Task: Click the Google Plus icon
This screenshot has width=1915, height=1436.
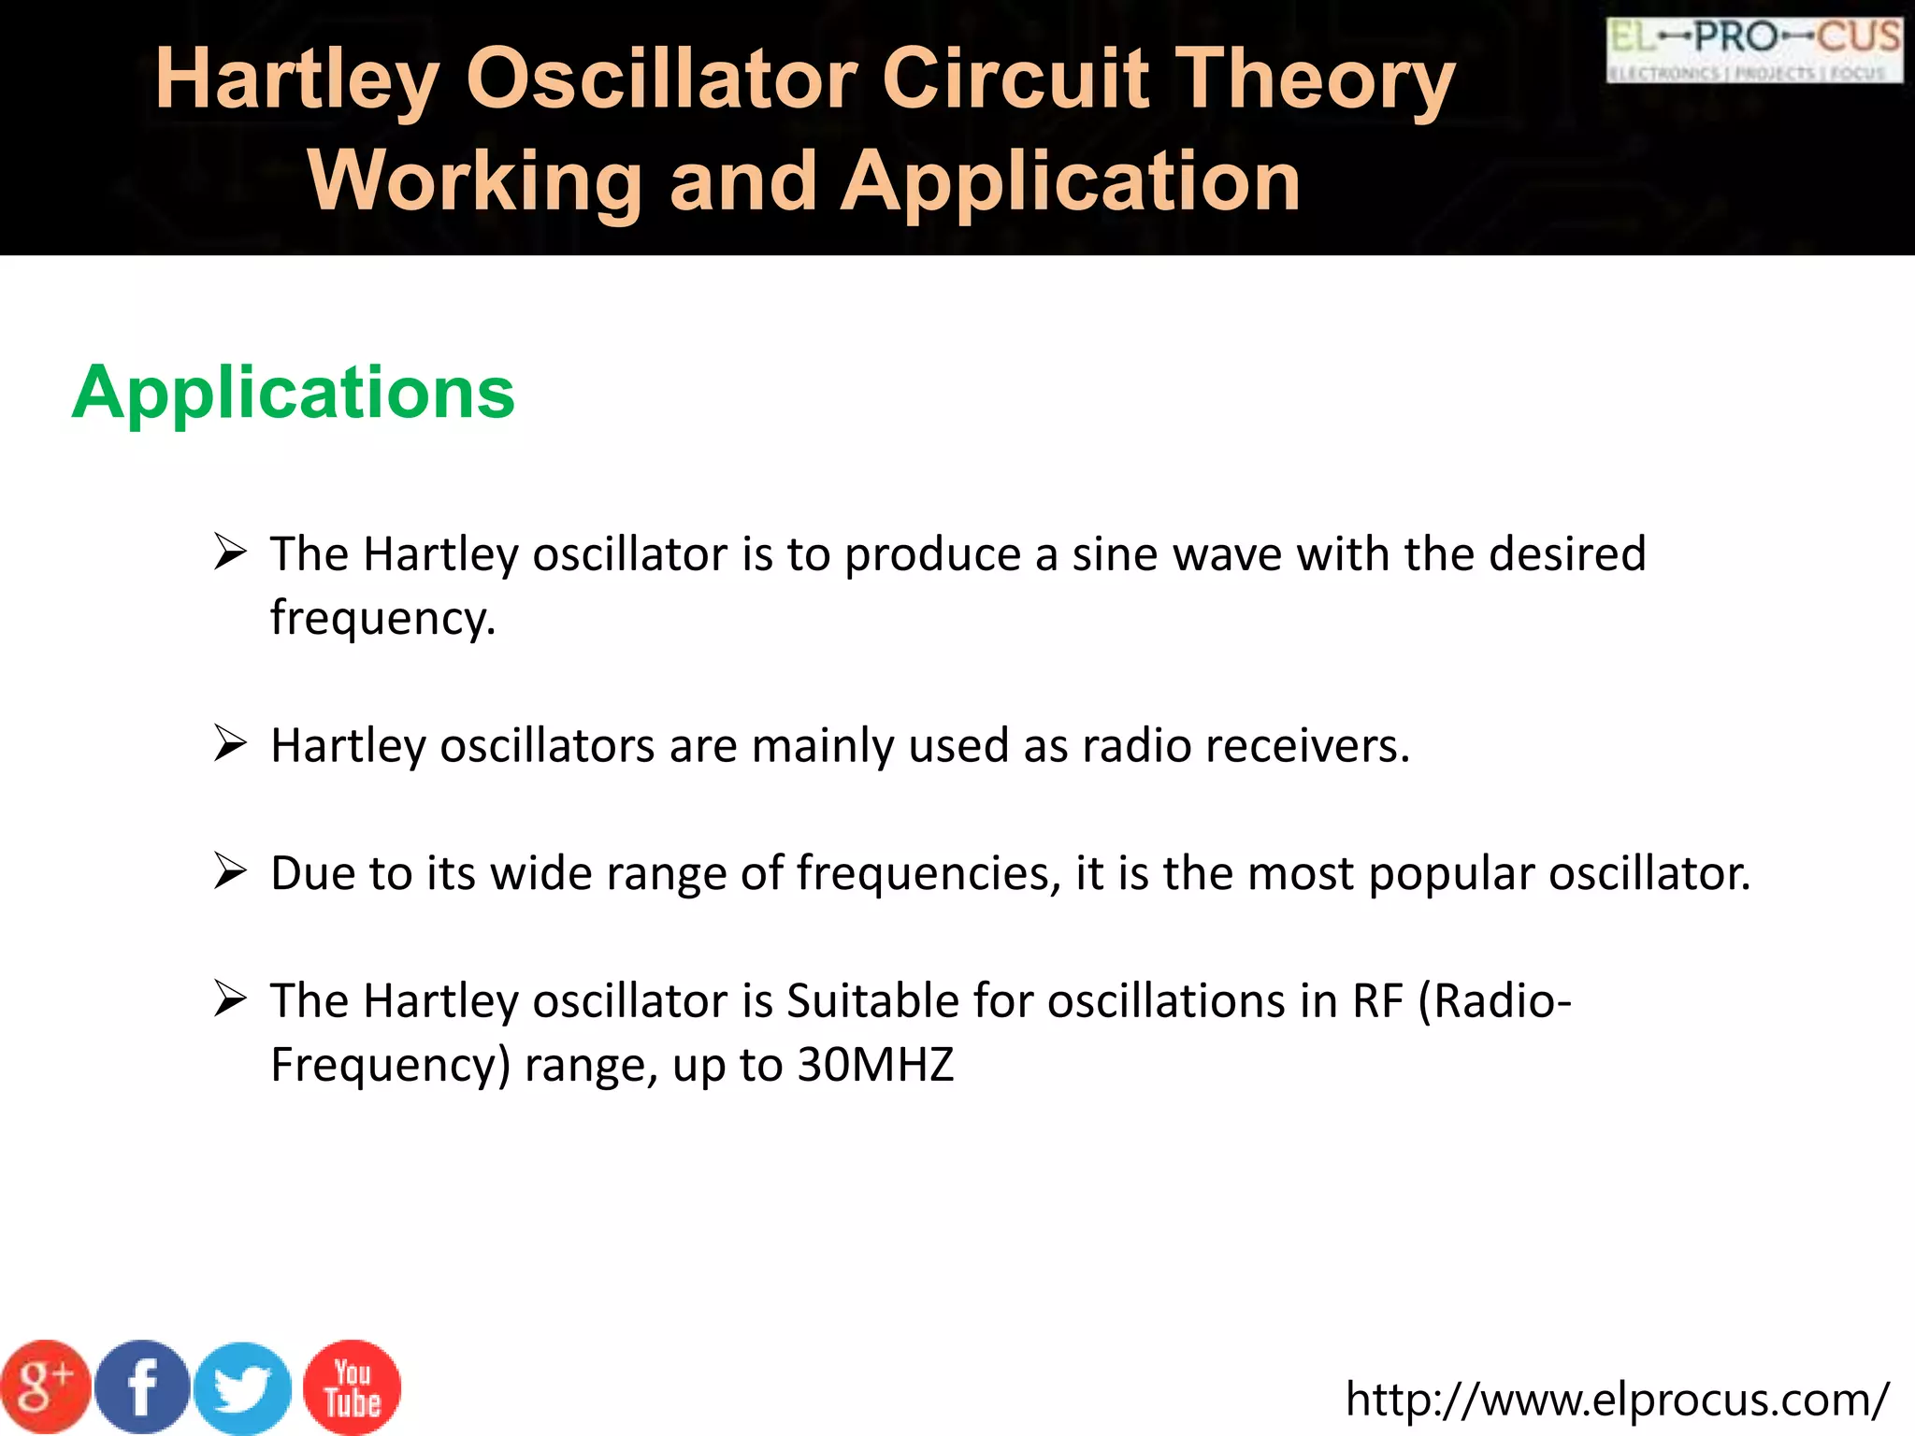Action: point(44,1386)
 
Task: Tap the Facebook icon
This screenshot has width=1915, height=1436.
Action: point(142,1386)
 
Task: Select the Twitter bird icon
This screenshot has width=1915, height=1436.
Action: point(242,1388)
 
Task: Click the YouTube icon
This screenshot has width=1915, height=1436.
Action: point(353,1387)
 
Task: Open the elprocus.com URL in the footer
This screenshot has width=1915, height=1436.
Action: point(1617,1400)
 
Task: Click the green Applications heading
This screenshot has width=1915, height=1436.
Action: point(293,393)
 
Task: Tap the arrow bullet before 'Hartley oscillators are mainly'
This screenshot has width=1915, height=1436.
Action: point(230,744)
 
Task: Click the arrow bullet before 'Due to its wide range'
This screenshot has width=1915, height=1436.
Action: point(230,871)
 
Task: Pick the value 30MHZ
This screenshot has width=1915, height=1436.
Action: point(875,1065)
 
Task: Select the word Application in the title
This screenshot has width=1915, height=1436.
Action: point(1071,180)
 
